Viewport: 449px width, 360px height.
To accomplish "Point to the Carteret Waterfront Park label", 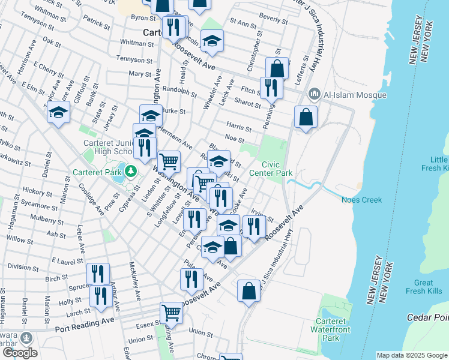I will click(x=331, y=329).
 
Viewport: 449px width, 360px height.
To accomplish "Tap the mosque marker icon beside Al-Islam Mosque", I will click(x=314, y=94).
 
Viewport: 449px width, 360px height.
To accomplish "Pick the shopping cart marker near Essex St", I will click(x=172, y=312).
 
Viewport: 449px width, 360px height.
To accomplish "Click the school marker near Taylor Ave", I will click(x=58, y=112).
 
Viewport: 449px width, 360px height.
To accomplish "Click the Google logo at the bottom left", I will click(x=19, y=352).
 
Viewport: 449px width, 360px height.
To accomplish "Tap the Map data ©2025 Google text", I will click(x=411, y=355).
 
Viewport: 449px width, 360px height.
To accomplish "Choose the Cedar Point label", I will click(x=427, y=317).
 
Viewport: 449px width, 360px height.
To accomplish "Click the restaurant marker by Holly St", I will click(x=99, y=295).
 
